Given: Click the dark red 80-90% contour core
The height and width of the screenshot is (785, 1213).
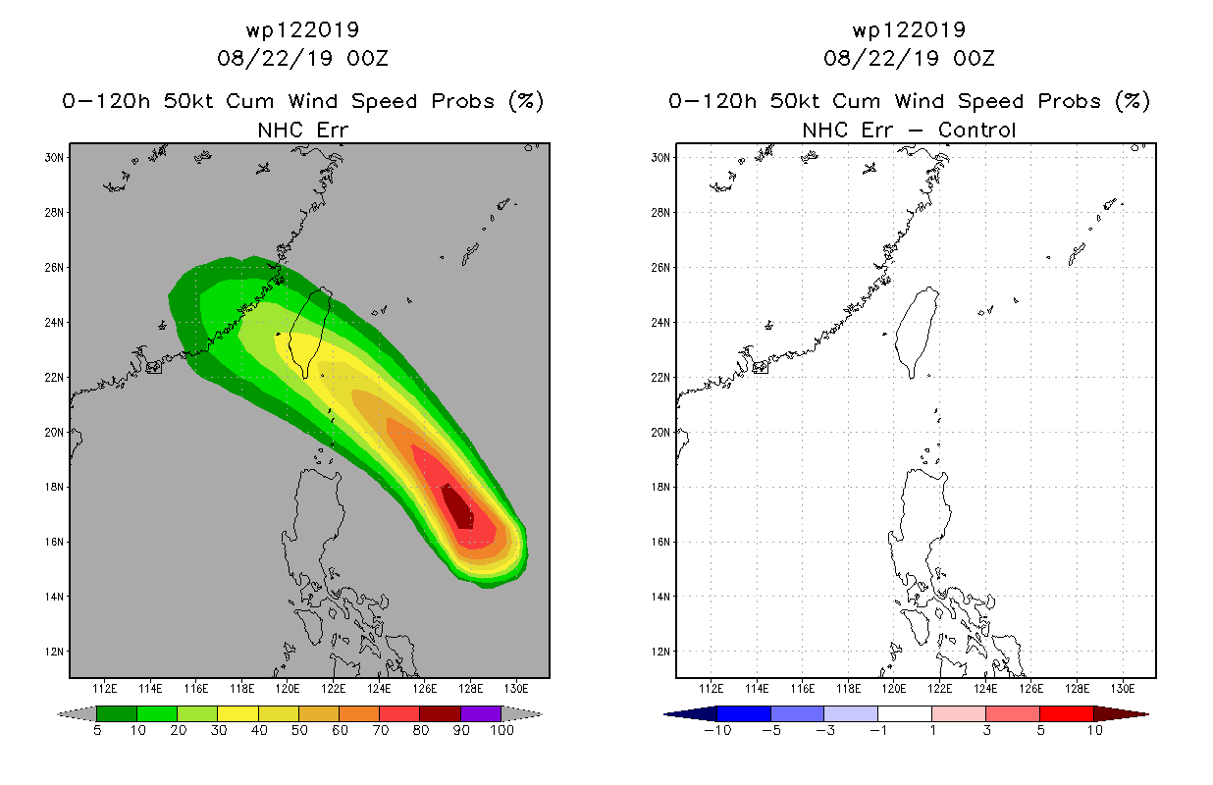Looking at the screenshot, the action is (x=457, y=507).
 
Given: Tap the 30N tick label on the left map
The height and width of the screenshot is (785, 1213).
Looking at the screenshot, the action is (x=54, y=158).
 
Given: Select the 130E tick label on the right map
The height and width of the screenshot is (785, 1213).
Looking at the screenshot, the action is (x=1123, y=689).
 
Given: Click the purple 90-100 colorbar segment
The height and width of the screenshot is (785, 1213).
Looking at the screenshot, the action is (x=481, y=713).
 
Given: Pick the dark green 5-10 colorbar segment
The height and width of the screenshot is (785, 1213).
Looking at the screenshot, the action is (x=117, y=713).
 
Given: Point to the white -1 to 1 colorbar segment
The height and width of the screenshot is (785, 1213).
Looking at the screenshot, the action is (x=904, y=713).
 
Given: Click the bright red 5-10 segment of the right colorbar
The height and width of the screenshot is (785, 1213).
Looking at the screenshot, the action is (x=1066, y=713).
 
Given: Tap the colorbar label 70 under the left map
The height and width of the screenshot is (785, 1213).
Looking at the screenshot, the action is (x=380, y=730).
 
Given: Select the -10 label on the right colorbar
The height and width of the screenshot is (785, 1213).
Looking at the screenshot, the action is (x=717, y=730).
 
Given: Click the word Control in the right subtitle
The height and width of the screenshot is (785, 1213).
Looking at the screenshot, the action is (x=976, y=130).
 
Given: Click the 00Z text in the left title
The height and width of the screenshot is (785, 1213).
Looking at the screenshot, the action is (x=367, y=58).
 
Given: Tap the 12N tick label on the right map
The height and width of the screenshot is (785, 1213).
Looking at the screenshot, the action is (x=660, y=652).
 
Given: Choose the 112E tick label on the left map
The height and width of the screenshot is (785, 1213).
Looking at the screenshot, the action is (x=104, y=689).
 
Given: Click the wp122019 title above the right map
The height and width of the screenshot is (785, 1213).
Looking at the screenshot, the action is (x=909, y=29).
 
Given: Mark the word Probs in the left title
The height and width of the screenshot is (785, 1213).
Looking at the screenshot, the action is (x=462, y=101).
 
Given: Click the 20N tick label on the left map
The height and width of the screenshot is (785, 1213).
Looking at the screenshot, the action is (x=54, y=432).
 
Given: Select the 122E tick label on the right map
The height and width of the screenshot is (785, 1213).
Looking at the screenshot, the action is (x=939, y=689).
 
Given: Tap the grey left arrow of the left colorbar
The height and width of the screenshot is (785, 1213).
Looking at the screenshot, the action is (x=77, y=713).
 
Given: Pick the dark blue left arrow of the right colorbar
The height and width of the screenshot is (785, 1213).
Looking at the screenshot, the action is (x=690, y=713).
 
